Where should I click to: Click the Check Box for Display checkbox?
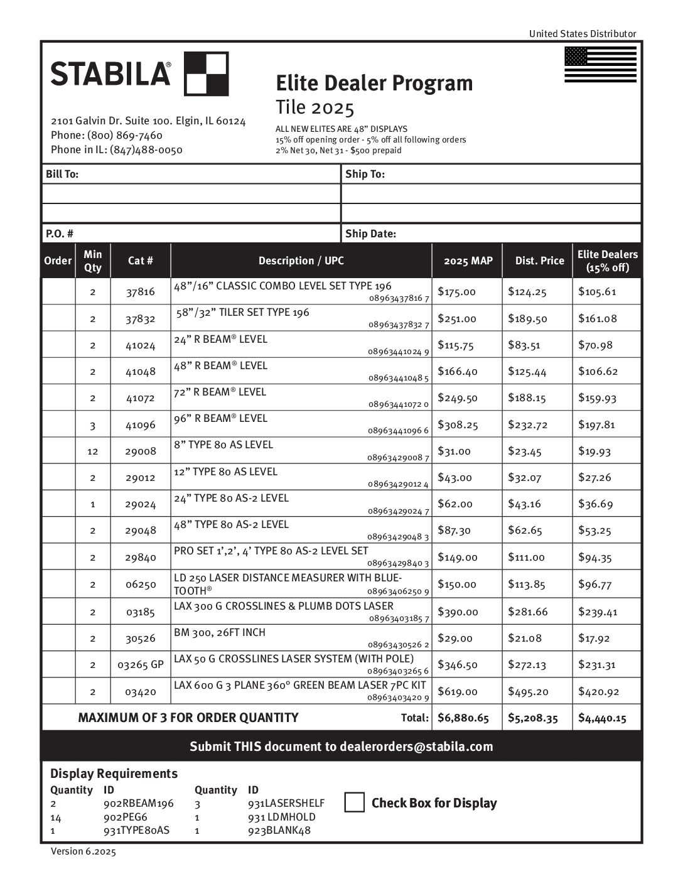355,802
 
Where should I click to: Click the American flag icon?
600,65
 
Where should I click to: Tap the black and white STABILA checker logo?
206,74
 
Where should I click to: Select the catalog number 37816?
140,292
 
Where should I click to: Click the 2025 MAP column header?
468,261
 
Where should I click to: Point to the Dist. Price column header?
539,261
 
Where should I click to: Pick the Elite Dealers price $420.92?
598,692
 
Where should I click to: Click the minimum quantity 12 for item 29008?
92,451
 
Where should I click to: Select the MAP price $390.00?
458,612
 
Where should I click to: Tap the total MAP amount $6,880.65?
463,718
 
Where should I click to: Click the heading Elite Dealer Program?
374,83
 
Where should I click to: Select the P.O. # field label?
60,234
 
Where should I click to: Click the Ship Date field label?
370,234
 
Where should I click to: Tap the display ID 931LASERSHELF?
286,804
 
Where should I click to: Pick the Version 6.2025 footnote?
83,851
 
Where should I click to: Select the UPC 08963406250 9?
399,592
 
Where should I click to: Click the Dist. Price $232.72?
527,425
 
